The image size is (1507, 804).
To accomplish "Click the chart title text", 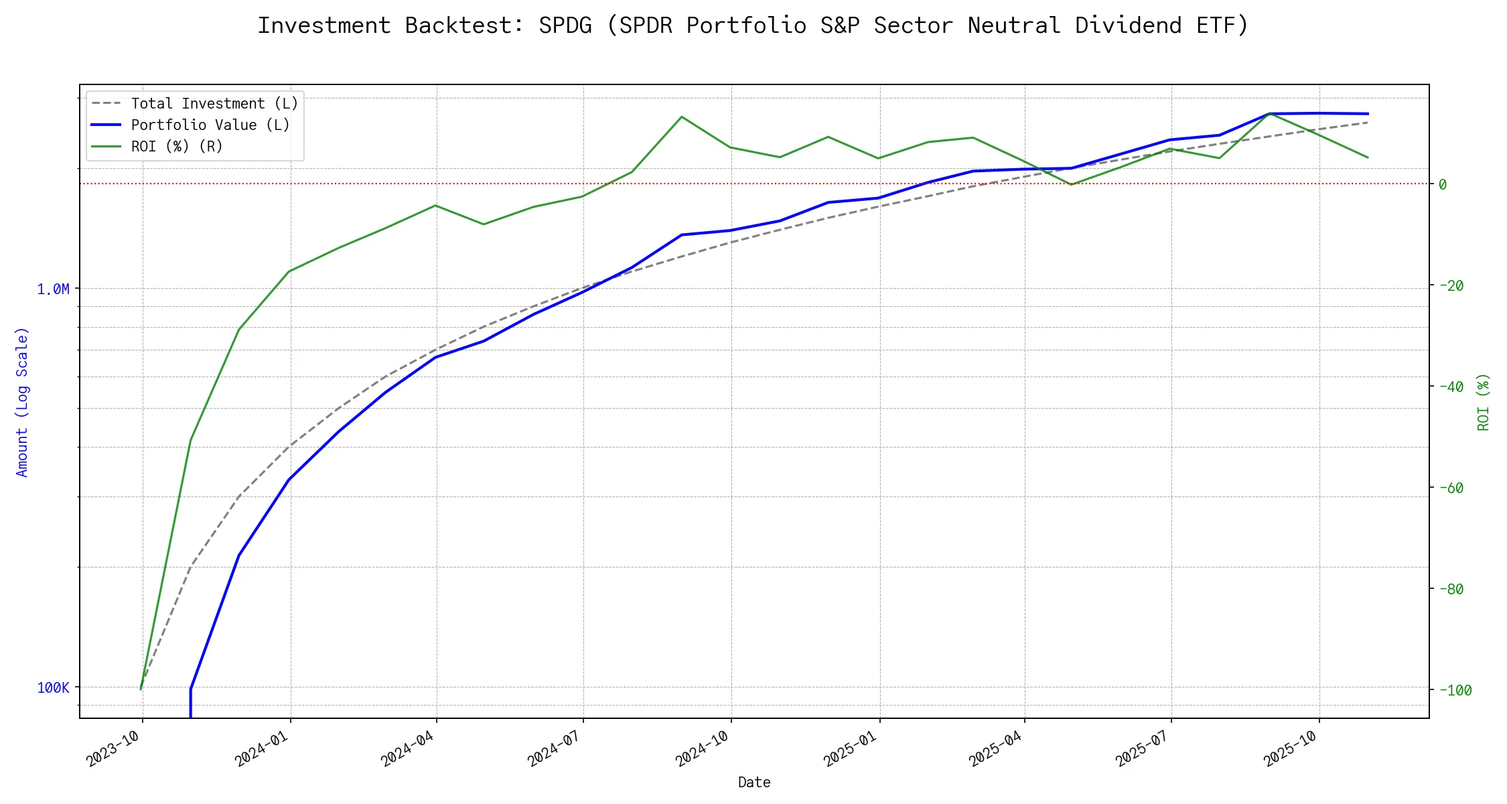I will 753,25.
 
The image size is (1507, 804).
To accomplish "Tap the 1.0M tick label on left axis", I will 53,289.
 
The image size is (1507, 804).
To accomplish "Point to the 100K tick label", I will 53,688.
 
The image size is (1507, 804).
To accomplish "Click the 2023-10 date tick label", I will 115,748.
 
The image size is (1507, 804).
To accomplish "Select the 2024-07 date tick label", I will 555,748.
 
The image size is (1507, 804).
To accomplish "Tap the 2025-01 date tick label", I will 851,748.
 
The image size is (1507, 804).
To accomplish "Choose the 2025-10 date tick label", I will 1291,748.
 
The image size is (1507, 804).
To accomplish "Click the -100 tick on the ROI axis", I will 1455,691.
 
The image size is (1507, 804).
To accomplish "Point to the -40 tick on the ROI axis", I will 1451,387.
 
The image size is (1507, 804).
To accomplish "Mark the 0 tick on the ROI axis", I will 1443,185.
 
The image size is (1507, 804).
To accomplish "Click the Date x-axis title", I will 754,783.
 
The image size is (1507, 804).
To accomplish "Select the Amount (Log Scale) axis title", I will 22,402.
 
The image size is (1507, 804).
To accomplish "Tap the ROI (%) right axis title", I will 1484,402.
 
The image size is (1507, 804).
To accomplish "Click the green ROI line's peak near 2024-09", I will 682,117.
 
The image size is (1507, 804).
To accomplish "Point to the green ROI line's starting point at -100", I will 141,689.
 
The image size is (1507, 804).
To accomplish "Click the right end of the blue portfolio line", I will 1368,114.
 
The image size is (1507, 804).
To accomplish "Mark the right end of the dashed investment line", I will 1368,122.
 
